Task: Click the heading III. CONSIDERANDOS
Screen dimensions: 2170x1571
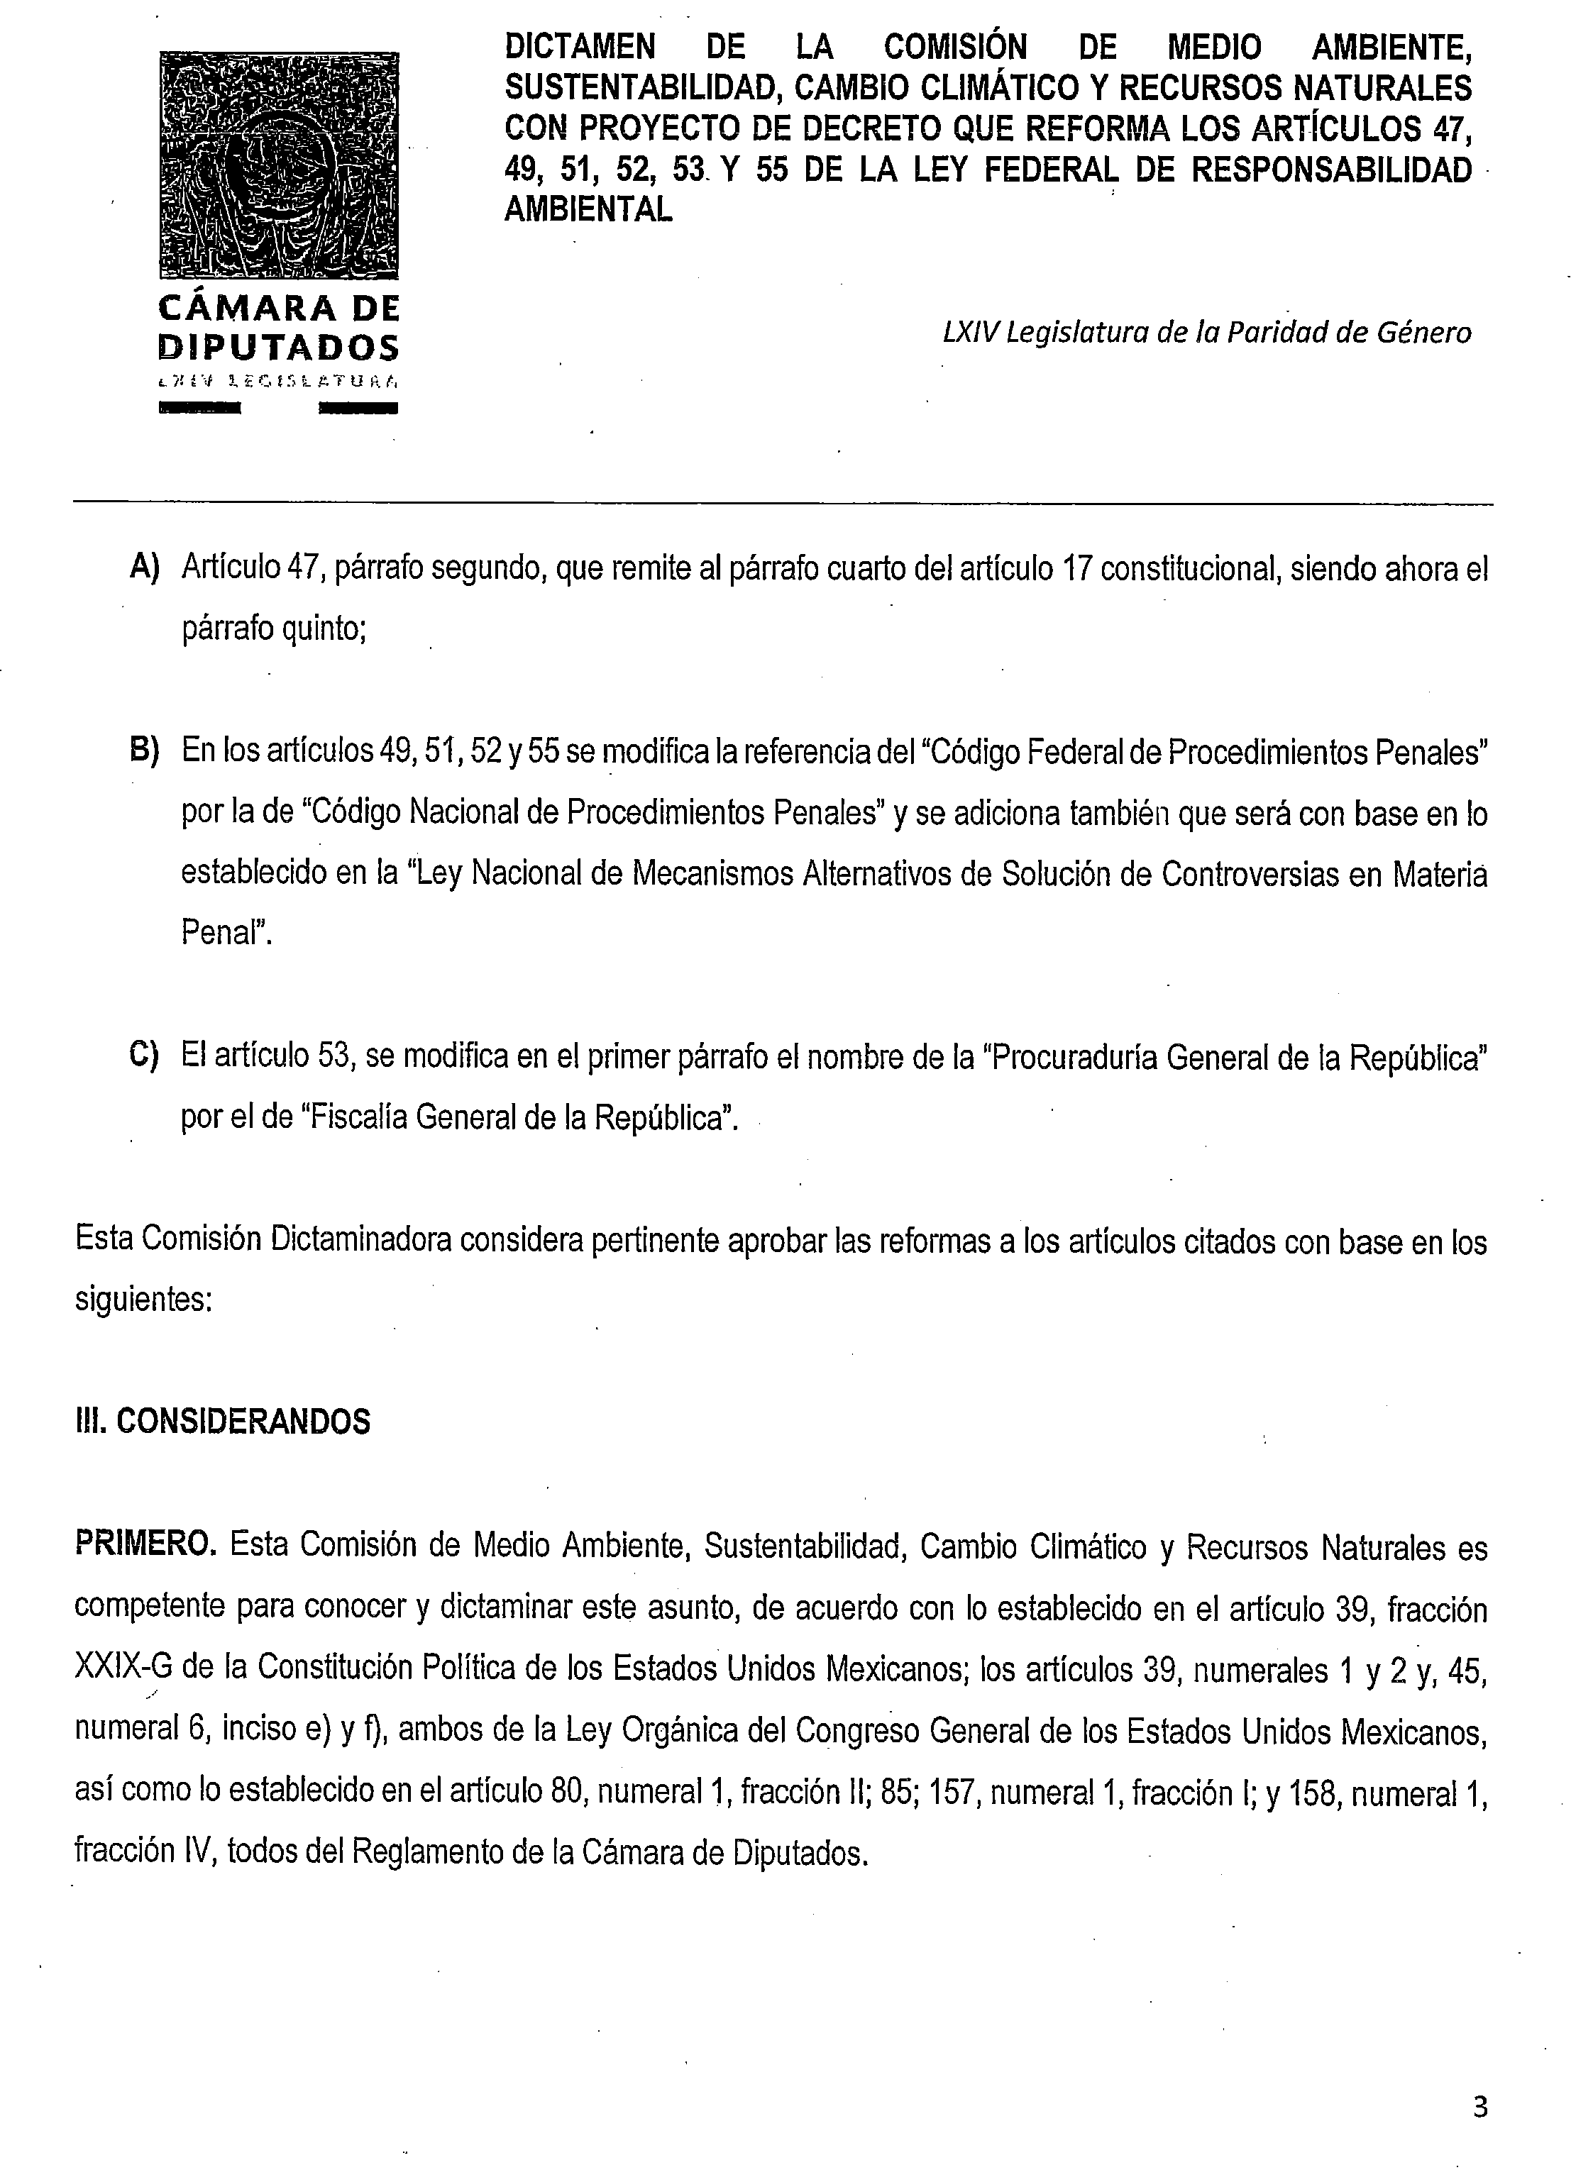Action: point(222,1422)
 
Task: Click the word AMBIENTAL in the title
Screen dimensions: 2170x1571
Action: point(588,209)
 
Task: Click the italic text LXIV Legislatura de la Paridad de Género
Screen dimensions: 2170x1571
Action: point(1206,332)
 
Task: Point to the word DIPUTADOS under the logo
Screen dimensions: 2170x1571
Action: point(278,346)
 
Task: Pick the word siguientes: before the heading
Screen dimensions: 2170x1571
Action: point(143,1301)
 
